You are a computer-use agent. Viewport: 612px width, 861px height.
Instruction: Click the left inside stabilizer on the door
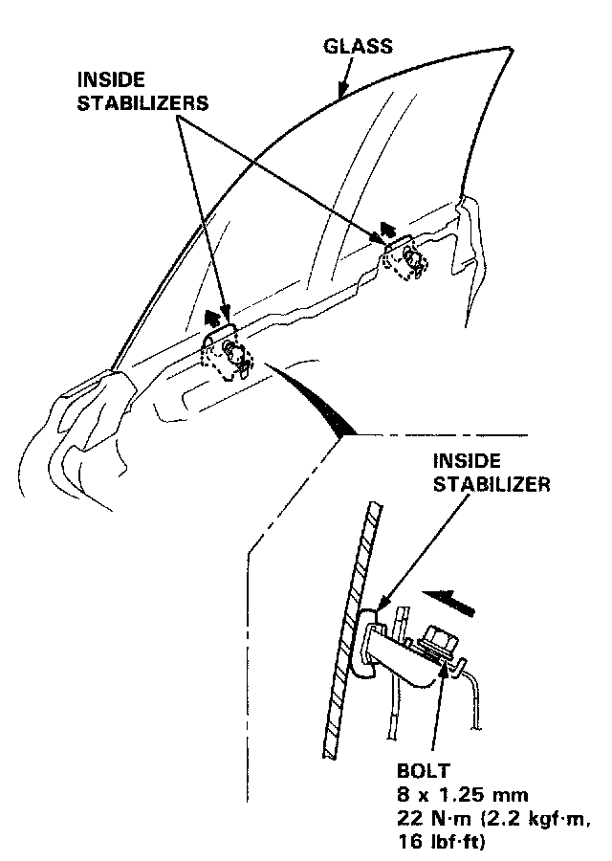click(227, 352)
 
